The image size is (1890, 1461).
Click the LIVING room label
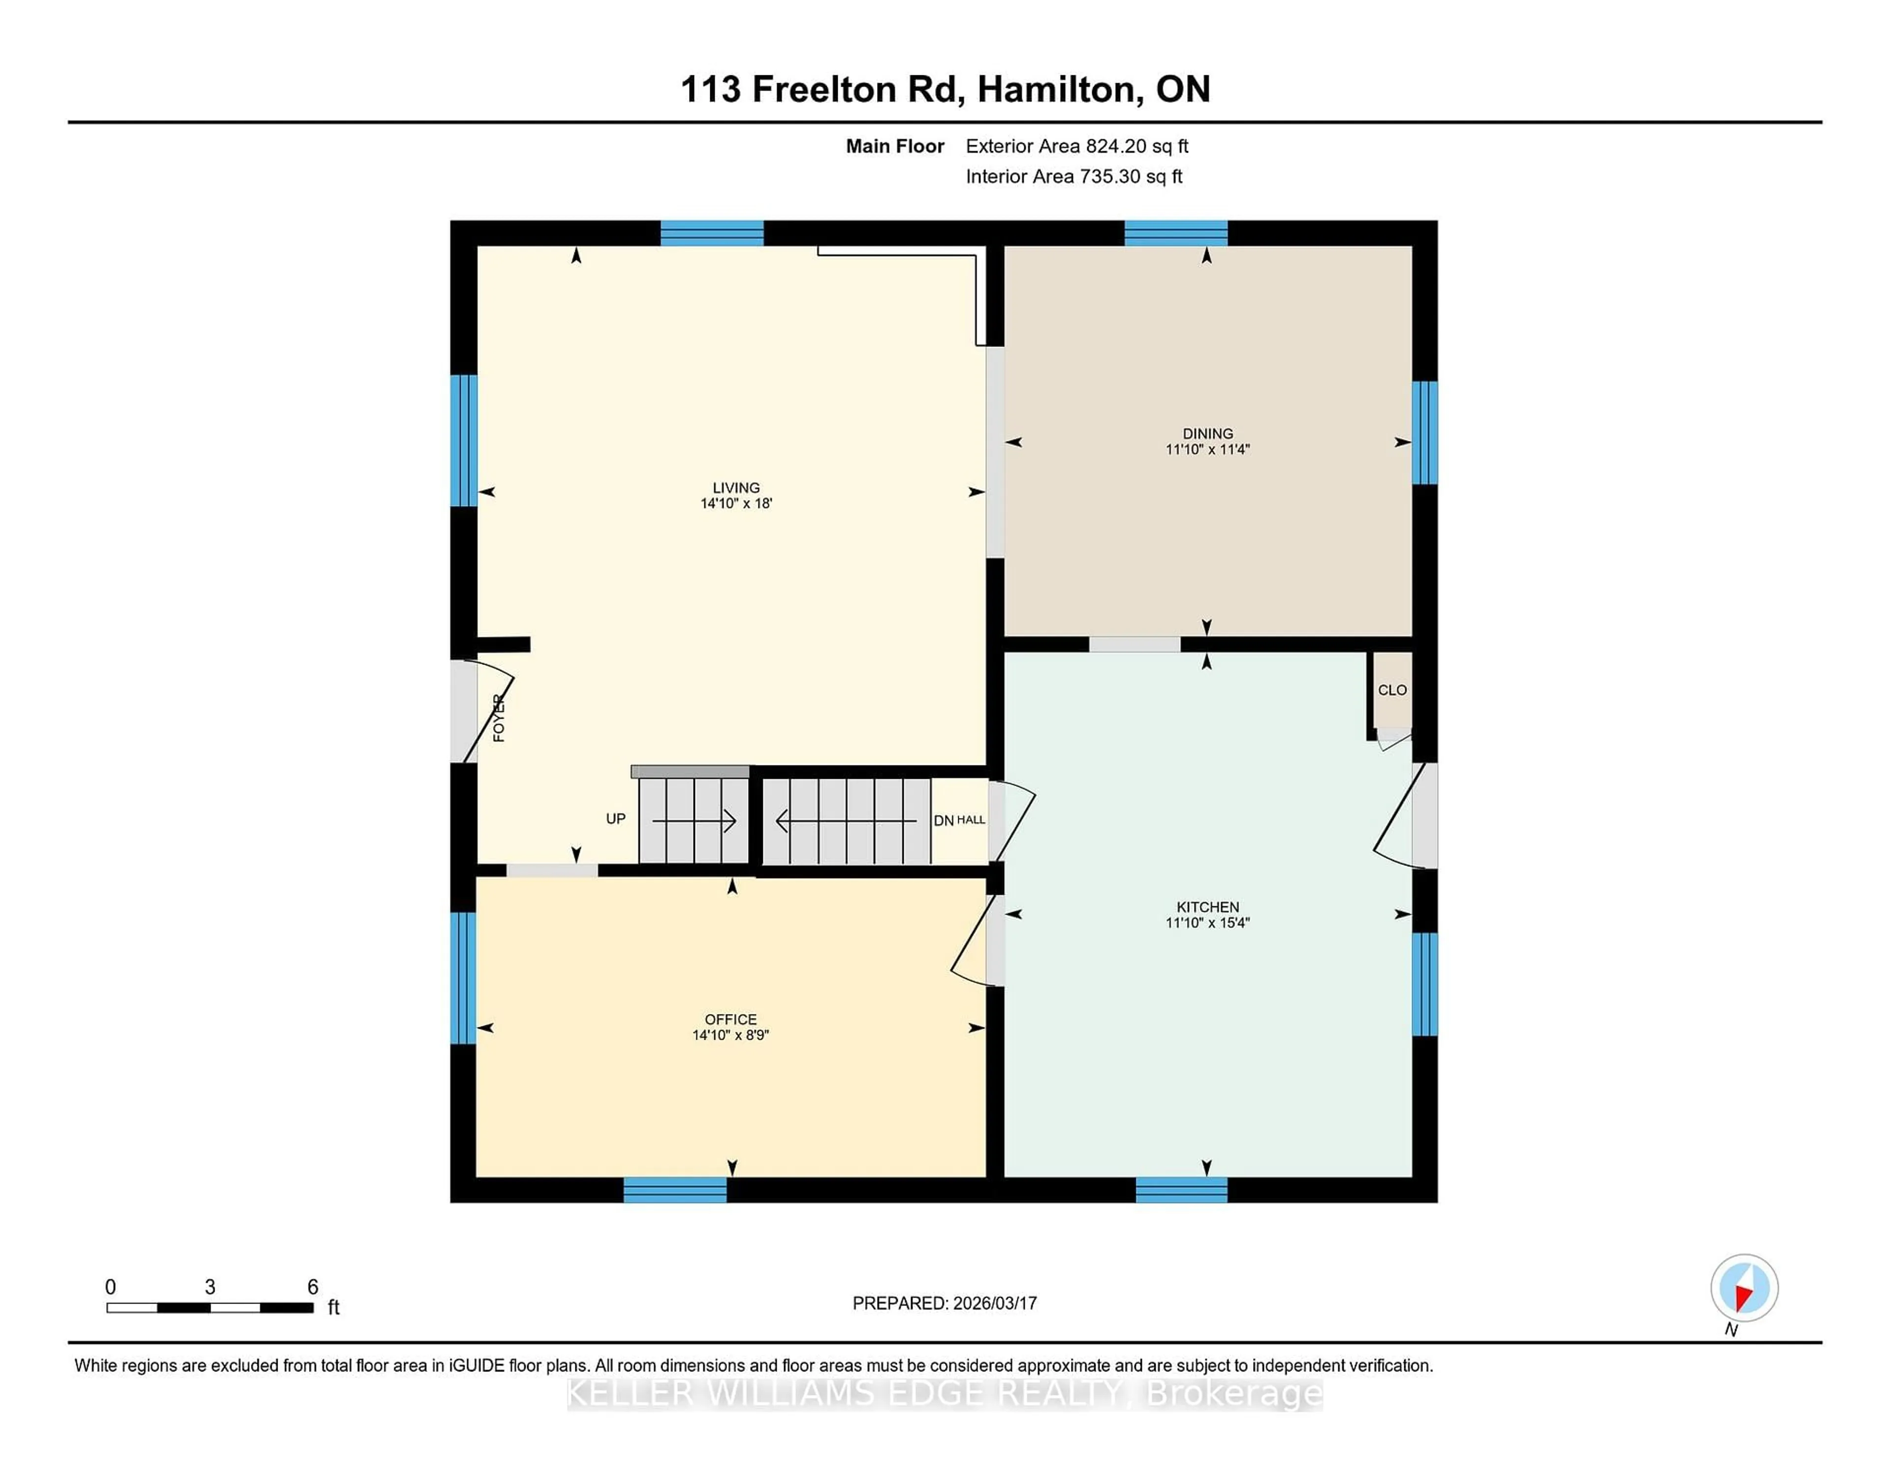736,487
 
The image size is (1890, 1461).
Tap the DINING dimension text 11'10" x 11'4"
1207,449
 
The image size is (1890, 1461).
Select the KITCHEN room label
1207,906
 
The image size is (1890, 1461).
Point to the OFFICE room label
730,1019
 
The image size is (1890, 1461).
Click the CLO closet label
1391,690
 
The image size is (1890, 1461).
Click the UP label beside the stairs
615,819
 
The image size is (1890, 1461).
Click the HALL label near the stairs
971,820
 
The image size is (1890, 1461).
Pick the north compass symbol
1744,1288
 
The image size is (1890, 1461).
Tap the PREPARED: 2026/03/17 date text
944,1302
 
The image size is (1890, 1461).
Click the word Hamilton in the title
1057,89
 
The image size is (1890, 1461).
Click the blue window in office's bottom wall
675,1190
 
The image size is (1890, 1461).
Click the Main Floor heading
895,146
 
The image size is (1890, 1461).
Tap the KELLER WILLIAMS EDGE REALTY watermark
944,1394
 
